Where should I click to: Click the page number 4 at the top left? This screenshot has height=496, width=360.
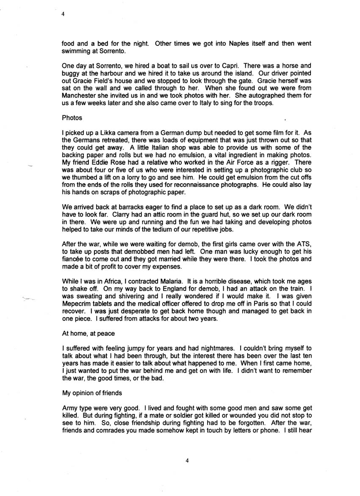tap(63, 14)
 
